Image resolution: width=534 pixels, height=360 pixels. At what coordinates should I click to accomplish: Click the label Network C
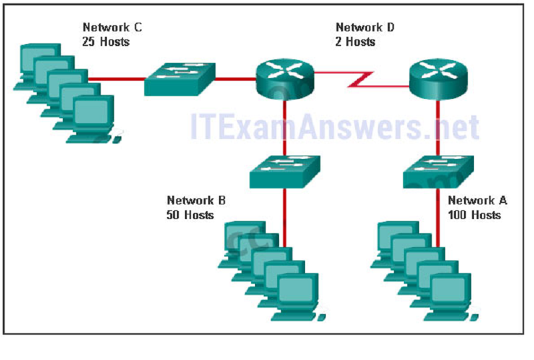112,27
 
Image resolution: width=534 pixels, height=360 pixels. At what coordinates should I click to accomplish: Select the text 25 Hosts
105,41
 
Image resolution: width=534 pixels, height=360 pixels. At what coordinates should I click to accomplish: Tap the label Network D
365,27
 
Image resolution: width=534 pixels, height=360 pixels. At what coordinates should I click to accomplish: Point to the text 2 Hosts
356,41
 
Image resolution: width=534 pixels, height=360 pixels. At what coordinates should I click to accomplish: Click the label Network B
196,200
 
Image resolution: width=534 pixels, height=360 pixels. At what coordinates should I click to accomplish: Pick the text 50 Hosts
190,214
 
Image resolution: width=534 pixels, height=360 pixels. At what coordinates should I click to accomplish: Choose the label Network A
477,200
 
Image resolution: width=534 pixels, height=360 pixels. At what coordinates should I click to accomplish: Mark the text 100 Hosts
474,214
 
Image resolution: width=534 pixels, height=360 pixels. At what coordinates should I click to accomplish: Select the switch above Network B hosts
285,172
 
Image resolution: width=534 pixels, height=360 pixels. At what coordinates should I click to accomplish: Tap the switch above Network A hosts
439,172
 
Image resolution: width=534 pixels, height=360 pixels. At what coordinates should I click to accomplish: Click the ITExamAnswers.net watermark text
334,126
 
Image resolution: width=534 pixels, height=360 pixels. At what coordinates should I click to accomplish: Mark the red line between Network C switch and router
236,79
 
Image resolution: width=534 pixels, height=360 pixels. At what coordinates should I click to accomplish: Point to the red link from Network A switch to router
439,127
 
